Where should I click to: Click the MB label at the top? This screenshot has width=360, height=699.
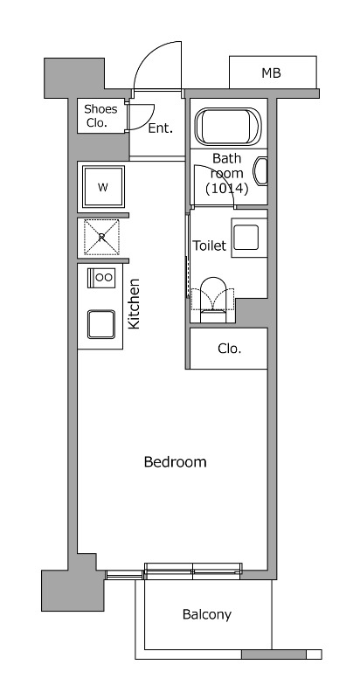click(x=271, y=73)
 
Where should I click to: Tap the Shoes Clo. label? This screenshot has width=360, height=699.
click(x=100, y=116)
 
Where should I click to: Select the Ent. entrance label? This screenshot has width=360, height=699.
click(x=160, y=128)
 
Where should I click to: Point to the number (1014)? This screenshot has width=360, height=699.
click(x=226, y=189)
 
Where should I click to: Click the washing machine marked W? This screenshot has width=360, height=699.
click(x=103, y=187)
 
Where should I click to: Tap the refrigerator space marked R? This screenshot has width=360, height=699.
click(x=101, y=237)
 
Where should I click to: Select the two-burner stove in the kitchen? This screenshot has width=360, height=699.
click(x=101, y=277)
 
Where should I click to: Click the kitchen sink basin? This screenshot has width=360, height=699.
click(x=101, y=324)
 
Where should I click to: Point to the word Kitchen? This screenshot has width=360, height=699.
click(x=134, y=304)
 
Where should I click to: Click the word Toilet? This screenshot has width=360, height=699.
click(x=210, y=246)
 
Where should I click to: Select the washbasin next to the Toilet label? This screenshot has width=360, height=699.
click(x=246, y=238)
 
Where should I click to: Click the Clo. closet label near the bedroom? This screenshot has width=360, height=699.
click(x=230, y=349)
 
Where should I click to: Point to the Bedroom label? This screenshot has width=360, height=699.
click(x=175, y=462)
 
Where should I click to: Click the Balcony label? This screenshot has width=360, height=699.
click(x=207, y=615)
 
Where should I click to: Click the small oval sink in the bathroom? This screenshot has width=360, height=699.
click(x=260, y=171)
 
